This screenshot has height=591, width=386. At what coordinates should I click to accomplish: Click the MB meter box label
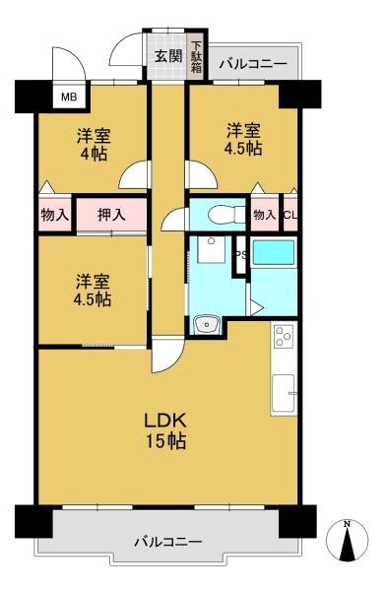(69, 98)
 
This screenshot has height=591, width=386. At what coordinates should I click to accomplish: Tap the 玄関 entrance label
(168, 56)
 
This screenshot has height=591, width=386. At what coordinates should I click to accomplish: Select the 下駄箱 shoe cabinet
(197, 56)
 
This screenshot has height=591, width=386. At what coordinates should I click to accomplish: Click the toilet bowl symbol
(222, 215)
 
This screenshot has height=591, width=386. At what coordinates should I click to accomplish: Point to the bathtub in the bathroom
(274, 252)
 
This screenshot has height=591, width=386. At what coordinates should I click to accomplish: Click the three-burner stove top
(283, 335)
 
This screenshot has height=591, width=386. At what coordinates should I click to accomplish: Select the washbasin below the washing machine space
(206, 324)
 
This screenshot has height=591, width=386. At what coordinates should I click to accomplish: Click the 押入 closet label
(111, 215)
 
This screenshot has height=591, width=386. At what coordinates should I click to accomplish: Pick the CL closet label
(290, 215)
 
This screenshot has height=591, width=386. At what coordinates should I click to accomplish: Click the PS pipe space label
(241, 254)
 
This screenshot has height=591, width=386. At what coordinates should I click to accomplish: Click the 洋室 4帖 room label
(93, 145)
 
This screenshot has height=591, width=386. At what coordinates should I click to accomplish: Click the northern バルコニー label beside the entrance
(254, 64)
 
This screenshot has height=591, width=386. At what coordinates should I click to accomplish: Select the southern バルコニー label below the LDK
(168, 542)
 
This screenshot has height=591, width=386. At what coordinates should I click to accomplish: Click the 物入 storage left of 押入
(55, 215)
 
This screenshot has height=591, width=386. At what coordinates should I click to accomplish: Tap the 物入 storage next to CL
(265, 215)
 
